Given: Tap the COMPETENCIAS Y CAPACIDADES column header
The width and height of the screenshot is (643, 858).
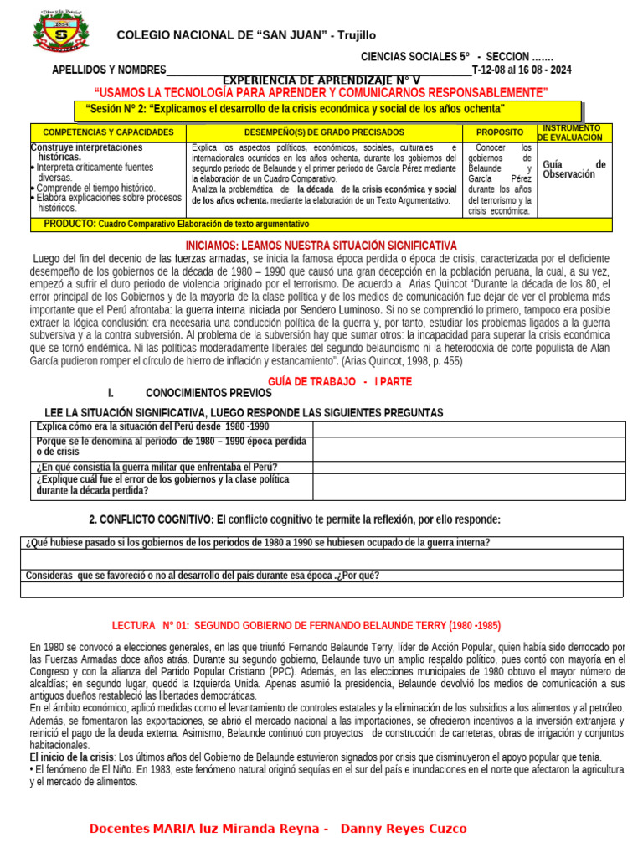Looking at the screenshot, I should [x=108, y=132].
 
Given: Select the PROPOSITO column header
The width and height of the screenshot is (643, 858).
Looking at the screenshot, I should [x=500, y=132].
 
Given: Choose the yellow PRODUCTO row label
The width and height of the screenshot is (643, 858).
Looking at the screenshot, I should [x=69, y=224].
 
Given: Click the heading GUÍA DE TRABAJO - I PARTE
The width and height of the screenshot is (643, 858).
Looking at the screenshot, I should [x=340, y=381].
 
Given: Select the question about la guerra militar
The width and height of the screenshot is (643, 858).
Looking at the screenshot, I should [x=157, y=467].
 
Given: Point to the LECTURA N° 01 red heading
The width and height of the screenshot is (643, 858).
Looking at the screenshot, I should [x=306, y=626].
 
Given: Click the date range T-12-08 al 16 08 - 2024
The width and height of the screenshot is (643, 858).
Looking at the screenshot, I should [x=522, y=70].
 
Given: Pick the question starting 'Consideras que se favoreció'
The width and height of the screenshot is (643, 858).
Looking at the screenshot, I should [x=202, y=576].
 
